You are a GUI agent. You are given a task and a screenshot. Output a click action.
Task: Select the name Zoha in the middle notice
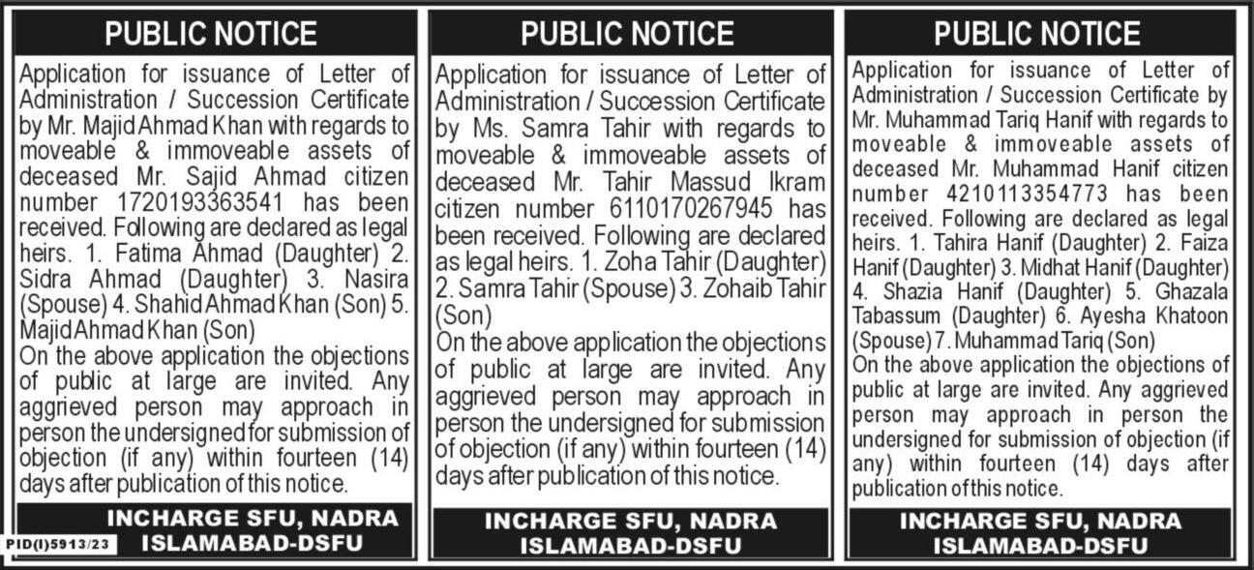tap(631, 262)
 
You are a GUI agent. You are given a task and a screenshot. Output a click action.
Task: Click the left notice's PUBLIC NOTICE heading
tap(211, 34)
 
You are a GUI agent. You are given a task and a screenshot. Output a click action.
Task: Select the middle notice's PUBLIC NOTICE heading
tap(627, 34)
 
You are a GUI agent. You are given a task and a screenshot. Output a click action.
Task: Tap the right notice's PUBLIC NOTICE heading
tap(1039, 34)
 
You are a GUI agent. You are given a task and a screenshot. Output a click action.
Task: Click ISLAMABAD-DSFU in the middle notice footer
tap(630, 545)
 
